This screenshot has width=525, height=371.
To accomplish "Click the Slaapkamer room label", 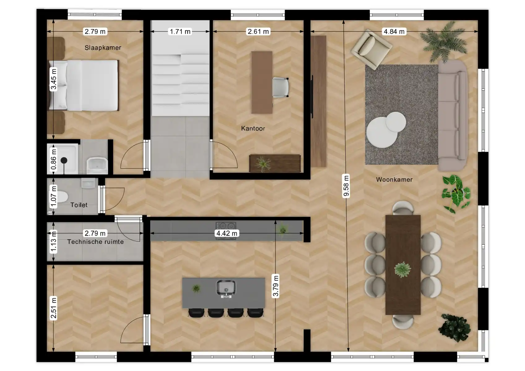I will click(x=103, y=48).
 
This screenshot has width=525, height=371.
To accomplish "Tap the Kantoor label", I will click(x=253, y=128).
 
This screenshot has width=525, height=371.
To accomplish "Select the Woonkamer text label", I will click(x=394, y=179).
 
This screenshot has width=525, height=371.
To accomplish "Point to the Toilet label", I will click(x=79, y=205).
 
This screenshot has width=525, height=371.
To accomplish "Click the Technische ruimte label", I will click(x=95, y=242).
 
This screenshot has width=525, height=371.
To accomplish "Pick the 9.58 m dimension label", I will click(x=346, y=186).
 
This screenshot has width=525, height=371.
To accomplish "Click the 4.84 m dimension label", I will click(x=394, y=31).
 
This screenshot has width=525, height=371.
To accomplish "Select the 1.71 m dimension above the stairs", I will click(x=180, y=31).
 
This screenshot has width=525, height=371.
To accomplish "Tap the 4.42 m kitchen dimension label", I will click(x=227, y=233).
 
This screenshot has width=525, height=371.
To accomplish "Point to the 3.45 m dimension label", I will click(x=54, y=79).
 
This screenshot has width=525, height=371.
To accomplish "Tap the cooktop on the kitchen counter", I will click(x=226, y=226).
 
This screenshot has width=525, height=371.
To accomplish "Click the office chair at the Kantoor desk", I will click(x=280, y=87).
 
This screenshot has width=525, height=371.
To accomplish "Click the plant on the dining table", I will click(x=402, y=269).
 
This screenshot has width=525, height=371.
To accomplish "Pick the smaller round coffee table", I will click(x=395, y=122).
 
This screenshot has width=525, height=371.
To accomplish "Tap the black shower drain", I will click(x=64, y=160).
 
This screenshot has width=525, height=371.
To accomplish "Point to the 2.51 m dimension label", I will click(x=54, y=308).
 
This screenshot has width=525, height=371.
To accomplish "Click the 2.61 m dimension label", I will click(x=258, y=31).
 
